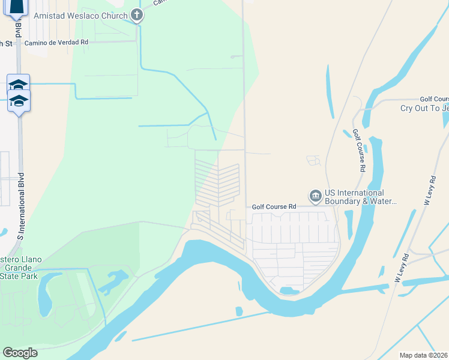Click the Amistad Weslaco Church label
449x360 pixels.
click(81, 15)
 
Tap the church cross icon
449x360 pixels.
click(137, 15)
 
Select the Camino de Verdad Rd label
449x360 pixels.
click(56, 43)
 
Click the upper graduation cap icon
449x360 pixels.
click(18, 85)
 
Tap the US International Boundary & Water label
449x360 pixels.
click(360, 197)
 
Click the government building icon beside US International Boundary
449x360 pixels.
click(315, 196)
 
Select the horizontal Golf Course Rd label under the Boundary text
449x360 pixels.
click(274, 206)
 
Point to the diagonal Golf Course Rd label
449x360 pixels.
click(359, 151)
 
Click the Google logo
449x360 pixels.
click(20, 353)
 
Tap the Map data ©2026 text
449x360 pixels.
click(423, 355)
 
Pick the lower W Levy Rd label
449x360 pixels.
click(402, 268)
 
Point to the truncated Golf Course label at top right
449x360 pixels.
click(434, 99)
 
